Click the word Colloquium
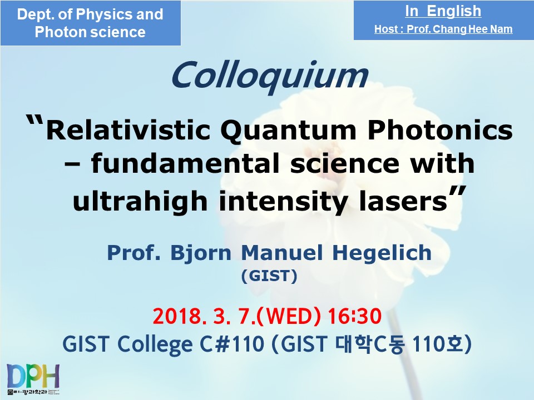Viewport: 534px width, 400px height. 270,77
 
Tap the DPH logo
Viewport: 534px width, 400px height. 33,379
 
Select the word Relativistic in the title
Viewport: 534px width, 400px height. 128,131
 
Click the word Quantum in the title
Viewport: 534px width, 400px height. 288,131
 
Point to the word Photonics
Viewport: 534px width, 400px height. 440,130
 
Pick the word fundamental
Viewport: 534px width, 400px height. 185,163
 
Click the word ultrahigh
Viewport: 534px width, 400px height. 140,201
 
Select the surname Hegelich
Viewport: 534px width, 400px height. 382,253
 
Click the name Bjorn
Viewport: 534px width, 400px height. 201,253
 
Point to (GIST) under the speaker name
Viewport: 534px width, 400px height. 269,276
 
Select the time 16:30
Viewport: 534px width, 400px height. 354,316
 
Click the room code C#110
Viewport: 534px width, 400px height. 232,344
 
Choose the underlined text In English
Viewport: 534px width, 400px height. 443,11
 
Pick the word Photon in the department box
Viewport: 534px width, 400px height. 56,32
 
